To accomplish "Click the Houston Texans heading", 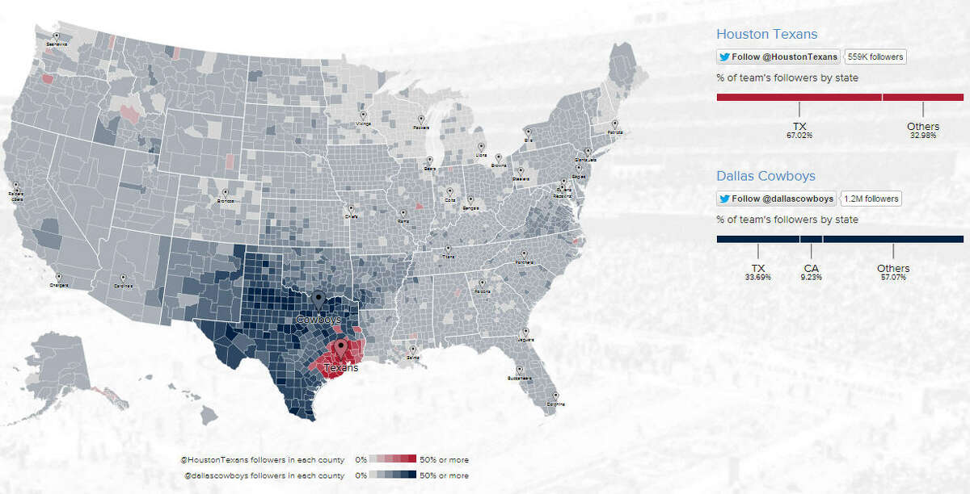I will point(766,34).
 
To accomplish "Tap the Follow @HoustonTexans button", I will point(778,57).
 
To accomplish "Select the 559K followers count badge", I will point(875,57).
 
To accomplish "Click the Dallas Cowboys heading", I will point(765,175).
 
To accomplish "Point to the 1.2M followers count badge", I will point(871,199).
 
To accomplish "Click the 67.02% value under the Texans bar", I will point(799,136).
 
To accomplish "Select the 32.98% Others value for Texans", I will point(922,136).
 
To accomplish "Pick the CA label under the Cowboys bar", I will point(811,268).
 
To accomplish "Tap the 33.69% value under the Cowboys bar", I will point(757,277).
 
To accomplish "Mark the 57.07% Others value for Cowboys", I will point(892,277).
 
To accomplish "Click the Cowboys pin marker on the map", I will point(319,301).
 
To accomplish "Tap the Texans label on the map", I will point(341,368).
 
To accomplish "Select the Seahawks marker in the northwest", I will point(57,37).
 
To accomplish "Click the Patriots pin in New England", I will point(616,126).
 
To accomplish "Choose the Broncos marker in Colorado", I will point(226,195).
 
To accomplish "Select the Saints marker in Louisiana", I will point(413,350).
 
